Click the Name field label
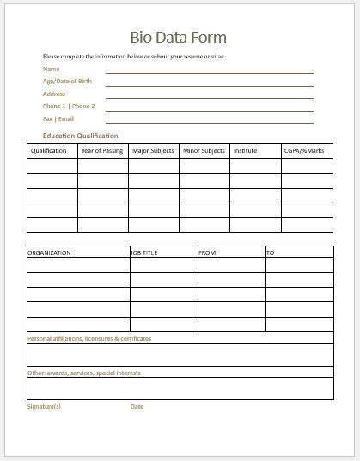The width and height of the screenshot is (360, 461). (52, 69)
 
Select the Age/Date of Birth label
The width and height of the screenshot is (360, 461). (67, 81)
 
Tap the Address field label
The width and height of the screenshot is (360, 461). (55, 94)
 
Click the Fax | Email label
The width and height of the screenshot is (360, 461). (58, 118)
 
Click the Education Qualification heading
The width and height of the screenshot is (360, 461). (81, 136)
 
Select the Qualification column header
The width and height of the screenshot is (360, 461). (49, 151)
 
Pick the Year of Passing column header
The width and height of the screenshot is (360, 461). (101, 151)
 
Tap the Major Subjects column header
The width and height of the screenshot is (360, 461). (153, 151)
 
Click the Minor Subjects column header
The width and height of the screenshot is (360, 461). (204, 151)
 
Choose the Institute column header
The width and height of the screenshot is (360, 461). (245, 151)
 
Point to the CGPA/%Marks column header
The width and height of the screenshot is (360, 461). (303, 151)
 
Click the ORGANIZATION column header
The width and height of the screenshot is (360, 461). (50, 253)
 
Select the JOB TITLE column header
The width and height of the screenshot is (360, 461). (145, 253)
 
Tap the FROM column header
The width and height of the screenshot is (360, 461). (208, 253)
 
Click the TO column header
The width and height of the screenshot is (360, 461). (270, 253)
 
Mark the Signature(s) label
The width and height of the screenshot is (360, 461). (45, 406)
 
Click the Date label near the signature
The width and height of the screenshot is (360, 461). (137, 406)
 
